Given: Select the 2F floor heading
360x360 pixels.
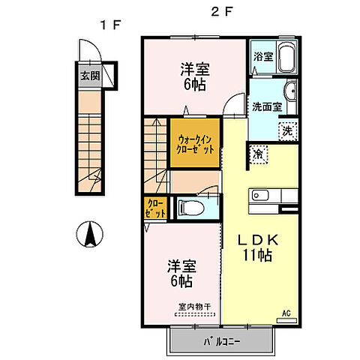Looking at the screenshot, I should point(217,12).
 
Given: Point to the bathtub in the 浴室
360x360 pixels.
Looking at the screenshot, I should point(286,57).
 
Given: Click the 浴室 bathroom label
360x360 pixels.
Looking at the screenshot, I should point(262,55).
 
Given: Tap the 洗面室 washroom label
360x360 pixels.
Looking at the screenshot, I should point(266,106).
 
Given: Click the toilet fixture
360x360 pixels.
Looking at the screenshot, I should point(192,207).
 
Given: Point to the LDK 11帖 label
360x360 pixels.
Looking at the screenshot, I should point(259,247).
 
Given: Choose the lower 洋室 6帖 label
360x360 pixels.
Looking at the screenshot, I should point(180,273).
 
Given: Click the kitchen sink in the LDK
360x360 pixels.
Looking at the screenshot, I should point(261,196).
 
